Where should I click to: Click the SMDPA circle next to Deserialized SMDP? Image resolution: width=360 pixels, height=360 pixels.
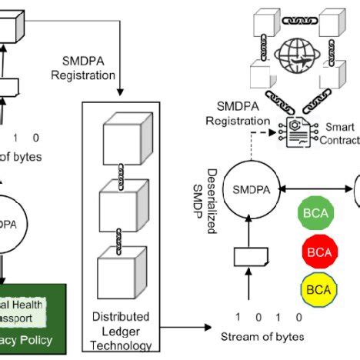click(249, 188)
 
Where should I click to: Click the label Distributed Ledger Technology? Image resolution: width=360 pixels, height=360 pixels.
click(121, 330)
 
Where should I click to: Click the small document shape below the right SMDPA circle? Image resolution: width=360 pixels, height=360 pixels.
click(250, 255)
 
